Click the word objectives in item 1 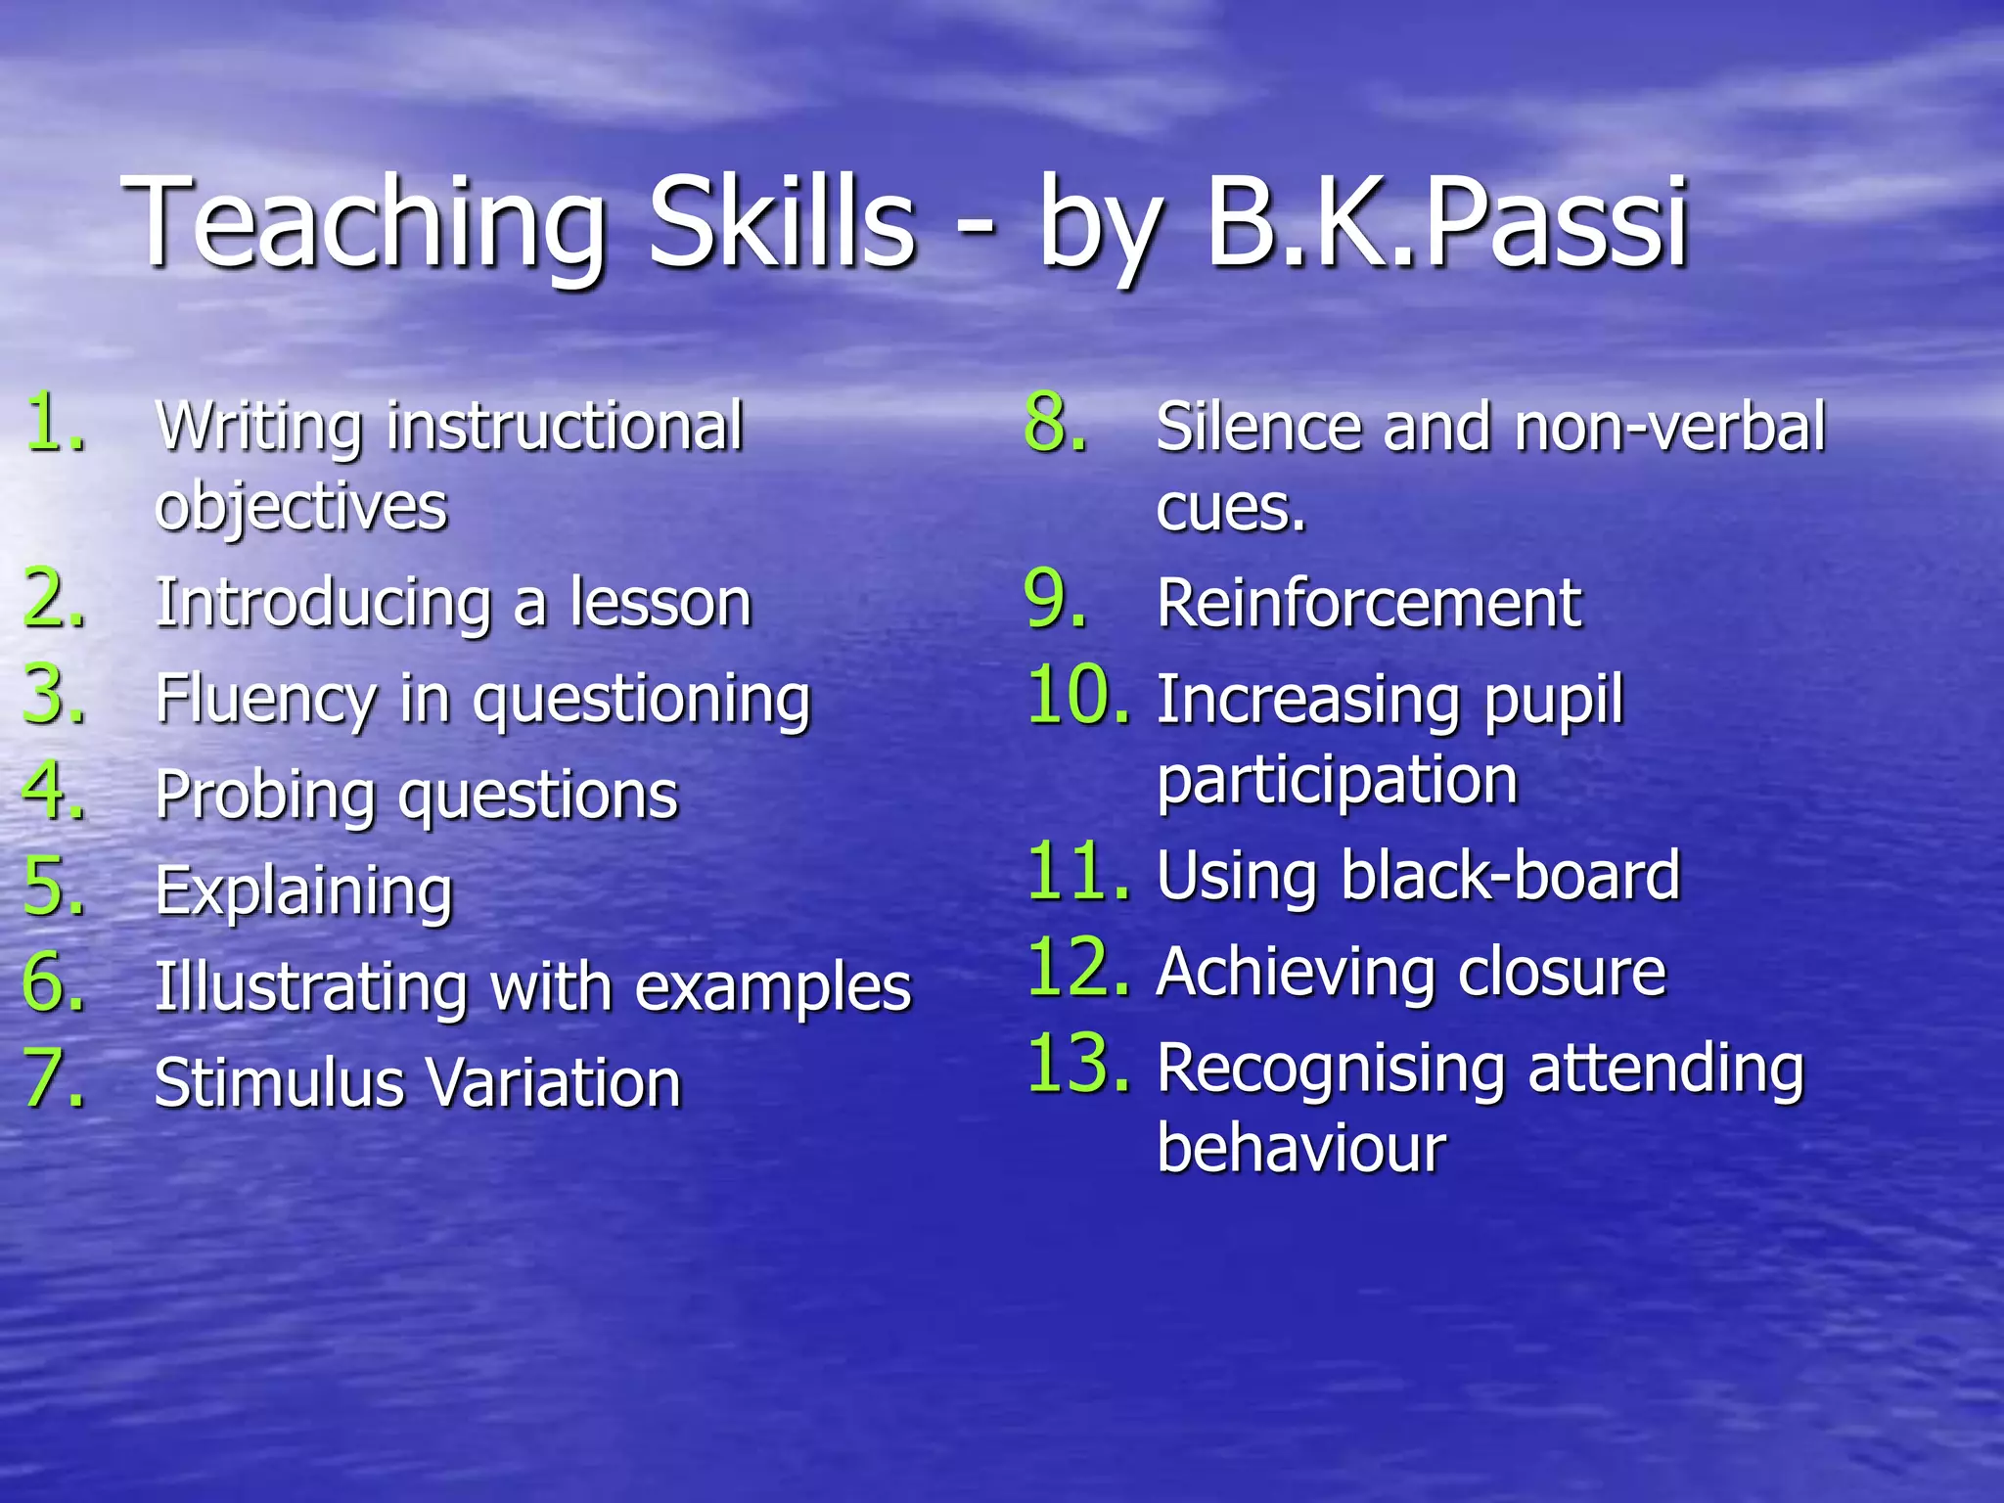[300, 508]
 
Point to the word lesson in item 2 [661, 603]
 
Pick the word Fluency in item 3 [265, 700]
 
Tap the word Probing [265, 795]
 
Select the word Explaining [304, 891]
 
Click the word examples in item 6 [773, 986]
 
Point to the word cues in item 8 [1230, 509]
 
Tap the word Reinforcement [1368, 603]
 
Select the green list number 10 [1076, 696]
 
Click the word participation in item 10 [1337, 782]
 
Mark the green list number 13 [1076, 1064]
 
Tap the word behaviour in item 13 [1300, 1149]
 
